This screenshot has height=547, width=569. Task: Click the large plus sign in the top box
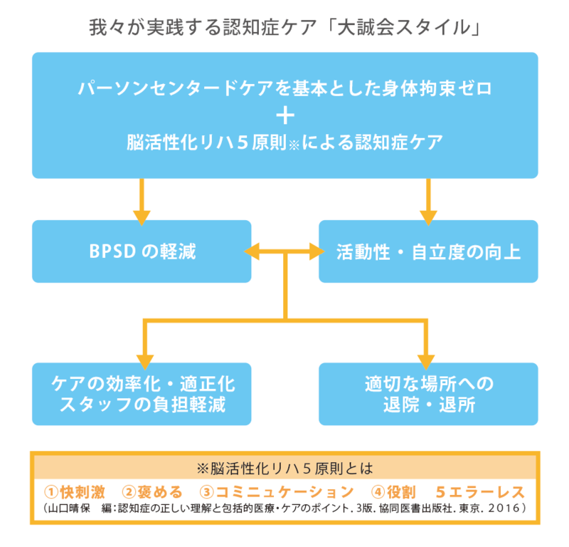284,115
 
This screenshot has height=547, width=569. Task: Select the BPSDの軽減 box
142,251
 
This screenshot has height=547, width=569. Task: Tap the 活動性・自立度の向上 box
428,251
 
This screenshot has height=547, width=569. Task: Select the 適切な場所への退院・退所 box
428,394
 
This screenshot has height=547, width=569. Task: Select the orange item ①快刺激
75,492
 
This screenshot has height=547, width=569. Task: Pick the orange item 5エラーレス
480,492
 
